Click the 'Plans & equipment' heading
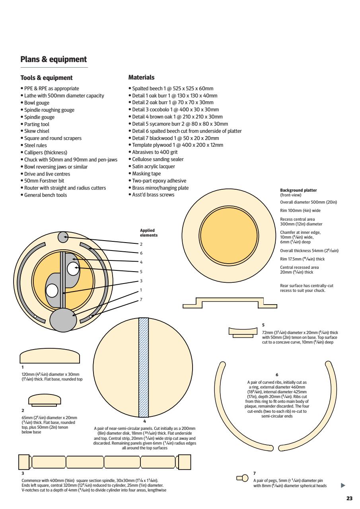(x=53, y=59)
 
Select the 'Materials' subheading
(x=141, y=77)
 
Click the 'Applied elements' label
(x=149, y=233)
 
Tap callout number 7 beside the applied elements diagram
(x=141, y=299)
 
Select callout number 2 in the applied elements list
(x=141, y=244)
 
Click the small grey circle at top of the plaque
(x=64, y=237)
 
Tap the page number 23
(x=349, y=498)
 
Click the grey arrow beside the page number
(x=343, y=486)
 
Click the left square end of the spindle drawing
(x=24, y=462)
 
